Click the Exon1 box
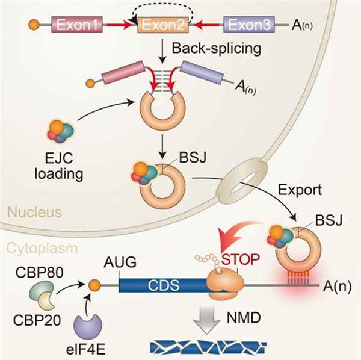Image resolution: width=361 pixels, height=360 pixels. [78, 25]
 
